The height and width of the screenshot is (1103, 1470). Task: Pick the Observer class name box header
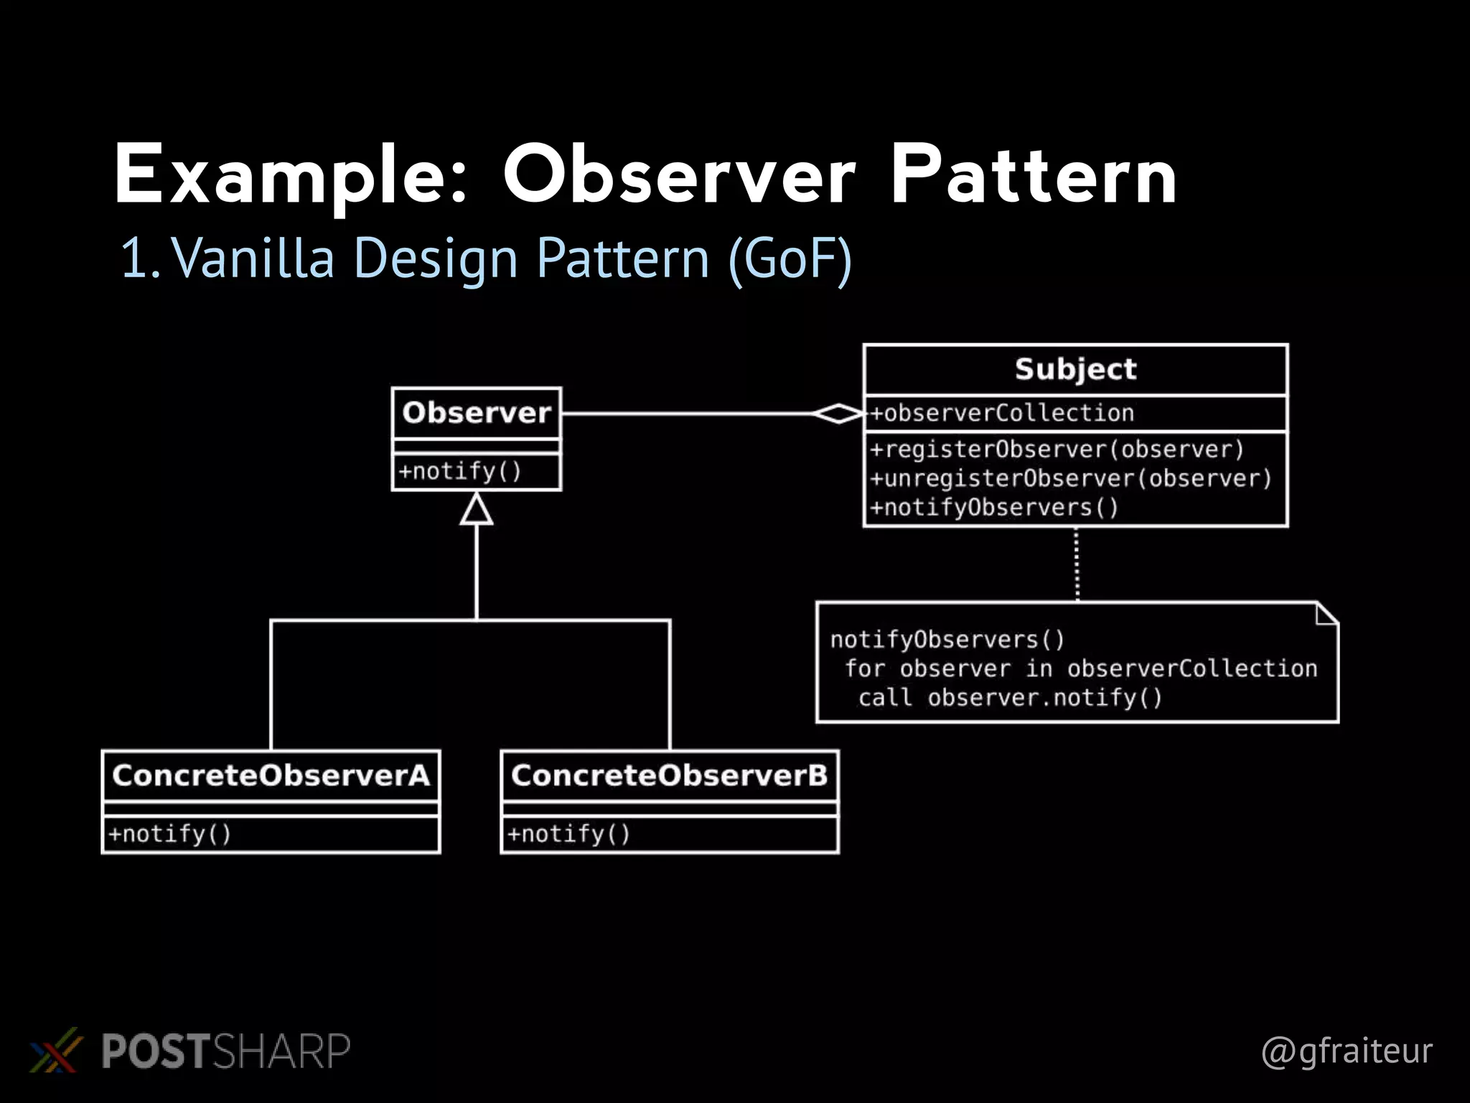[477, 413]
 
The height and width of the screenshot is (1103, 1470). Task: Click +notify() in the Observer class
[460, 472]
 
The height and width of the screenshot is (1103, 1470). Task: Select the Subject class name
[1075, 369]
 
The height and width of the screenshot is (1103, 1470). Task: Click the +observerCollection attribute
[1002, 413]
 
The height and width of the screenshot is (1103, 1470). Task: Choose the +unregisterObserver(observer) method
[1070, 478]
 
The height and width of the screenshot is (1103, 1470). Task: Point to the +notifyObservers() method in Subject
[994, 508]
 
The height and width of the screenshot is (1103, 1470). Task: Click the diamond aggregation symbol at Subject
[838, 414]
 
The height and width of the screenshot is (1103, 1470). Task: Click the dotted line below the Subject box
[1077, 564]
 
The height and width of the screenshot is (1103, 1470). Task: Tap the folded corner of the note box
[1327, 613]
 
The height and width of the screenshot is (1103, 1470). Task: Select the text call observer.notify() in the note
[1010, 698]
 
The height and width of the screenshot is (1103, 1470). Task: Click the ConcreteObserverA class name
[271, 776]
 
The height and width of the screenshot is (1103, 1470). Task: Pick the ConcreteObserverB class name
[669, 776]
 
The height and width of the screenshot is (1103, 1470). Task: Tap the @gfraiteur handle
[1347, 1051]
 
